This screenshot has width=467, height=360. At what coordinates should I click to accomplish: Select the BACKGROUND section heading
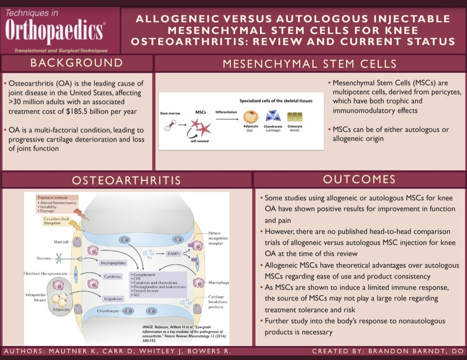77,63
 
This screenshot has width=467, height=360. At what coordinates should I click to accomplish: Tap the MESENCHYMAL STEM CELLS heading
310,64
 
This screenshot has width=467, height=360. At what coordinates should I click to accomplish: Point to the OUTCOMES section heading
359,180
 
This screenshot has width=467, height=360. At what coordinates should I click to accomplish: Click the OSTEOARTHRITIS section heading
126,180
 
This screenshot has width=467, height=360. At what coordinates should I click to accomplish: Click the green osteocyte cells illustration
295,117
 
